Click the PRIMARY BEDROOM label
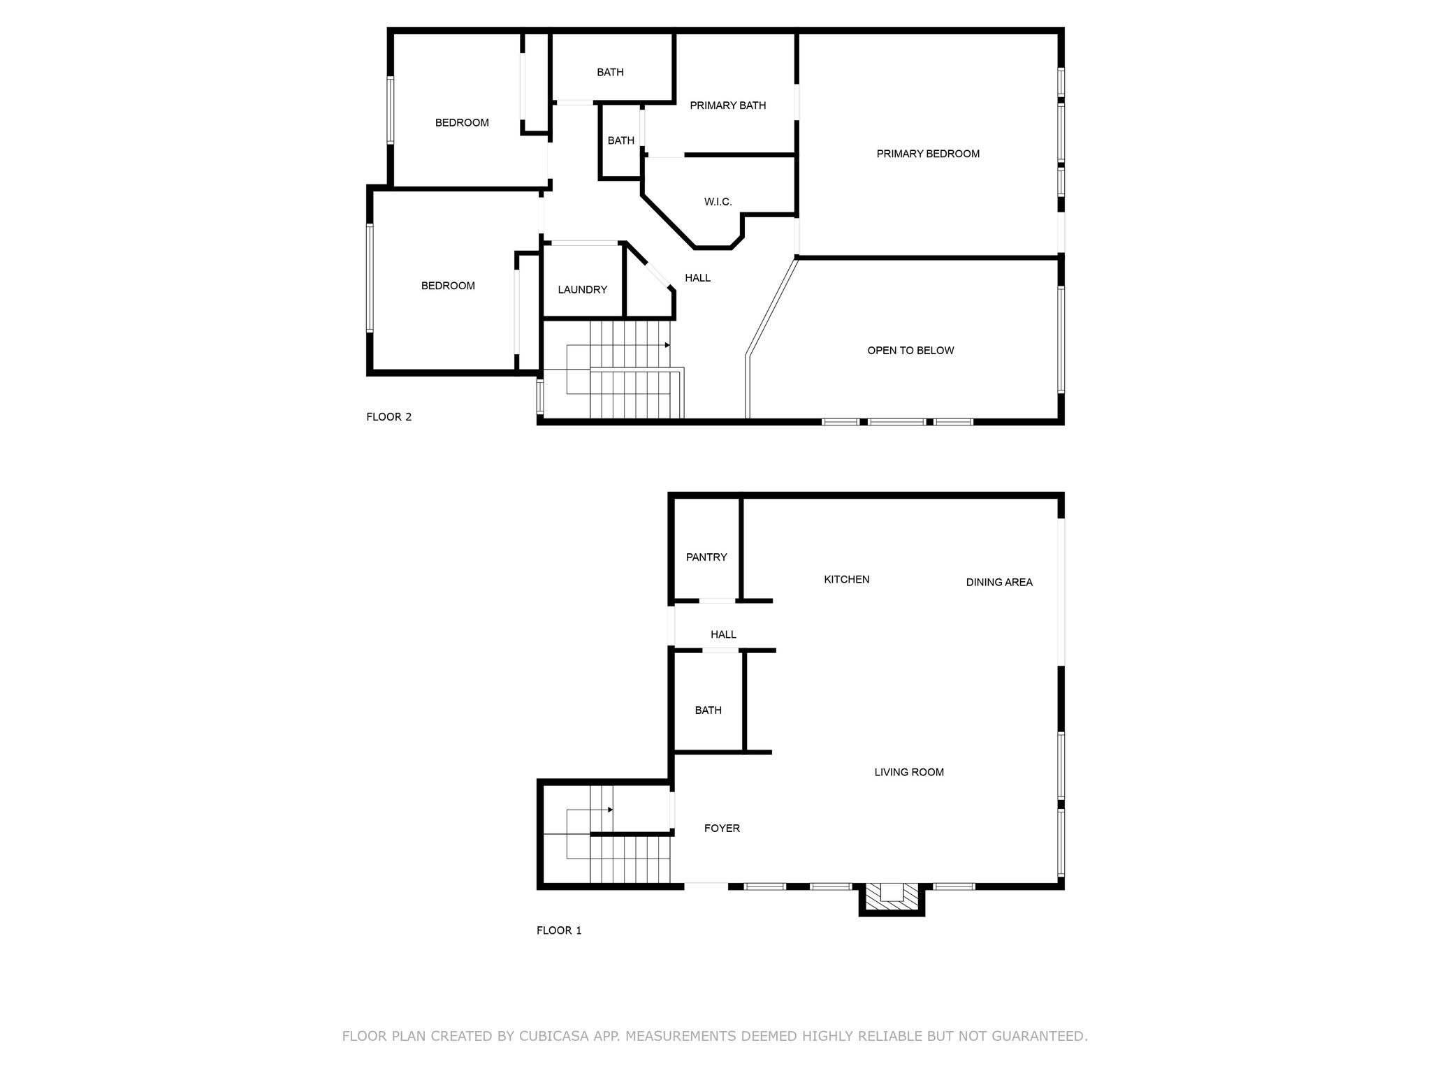coord(928,154)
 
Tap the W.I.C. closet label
coord(718,202)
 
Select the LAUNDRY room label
coord(582,290)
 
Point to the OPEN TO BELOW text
coord(910,351)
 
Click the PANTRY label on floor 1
coord(706,557)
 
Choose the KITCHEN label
coord(846,579)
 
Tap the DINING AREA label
coord(999,582)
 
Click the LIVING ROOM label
coord(909,772)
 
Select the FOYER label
coord(722,829)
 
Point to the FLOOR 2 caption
coord(389,417)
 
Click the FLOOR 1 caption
coord(559,930)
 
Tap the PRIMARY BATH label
coord(727,105)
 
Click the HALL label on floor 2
coord(697,278)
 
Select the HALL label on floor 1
coord(723,634)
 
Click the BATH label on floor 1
coord(708,710)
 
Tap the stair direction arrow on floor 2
coord(618,345)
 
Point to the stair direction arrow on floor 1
coord(590,810)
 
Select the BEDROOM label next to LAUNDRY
coord(448,286)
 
